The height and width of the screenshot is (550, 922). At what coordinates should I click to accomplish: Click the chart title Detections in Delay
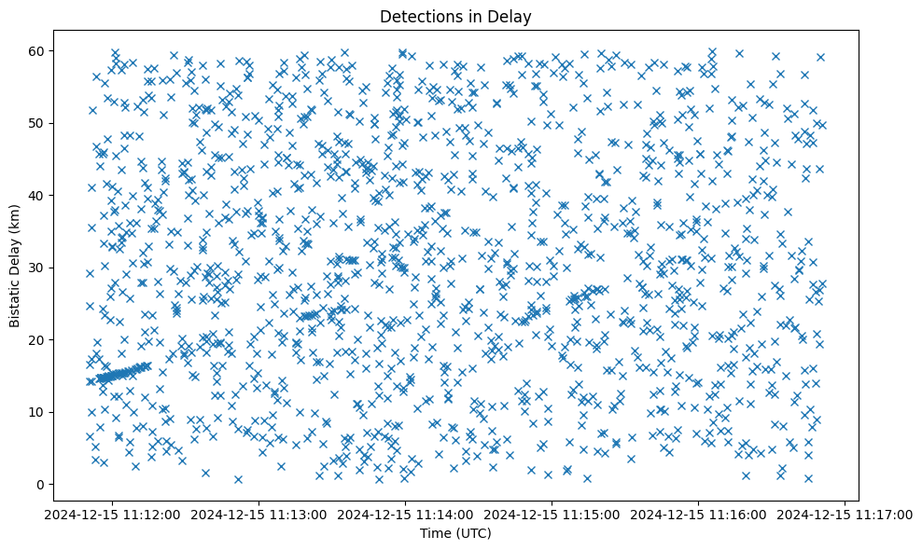click(x=456, y=16)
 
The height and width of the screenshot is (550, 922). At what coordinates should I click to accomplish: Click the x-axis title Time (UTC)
click(x=456, y=534)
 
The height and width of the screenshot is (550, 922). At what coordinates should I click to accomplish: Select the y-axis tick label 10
click(x=38, y=412)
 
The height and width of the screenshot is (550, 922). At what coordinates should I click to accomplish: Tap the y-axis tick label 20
click(x=38, y=339)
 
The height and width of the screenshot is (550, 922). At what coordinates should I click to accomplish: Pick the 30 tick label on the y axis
click(x=38, y=268)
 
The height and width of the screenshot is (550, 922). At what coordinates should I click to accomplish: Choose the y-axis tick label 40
click(x=38, y=195)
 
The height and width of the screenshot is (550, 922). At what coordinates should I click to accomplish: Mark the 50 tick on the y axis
click(x=38, y=123)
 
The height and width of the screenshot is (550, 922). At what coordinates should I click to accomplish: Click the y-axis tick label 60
click(x=38, y=50)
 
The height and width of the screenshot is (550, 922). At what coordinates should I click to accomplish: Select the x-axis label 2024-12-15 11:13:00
click(x=258, y=513)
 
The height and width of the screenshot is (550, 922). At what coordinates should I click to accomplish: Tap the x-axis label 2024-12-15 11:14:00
click(x=405, y=513)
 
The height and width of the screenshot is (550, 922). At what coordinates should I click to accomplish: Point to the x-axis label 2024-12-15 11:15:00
click(x=552, y=513)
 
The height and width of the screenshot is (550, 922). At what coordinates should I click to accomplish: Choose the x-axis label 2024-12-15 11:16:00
click(x=698, y=513)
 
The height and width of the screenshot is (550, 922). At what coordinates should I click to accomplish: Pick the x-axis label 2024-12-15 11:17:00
click(x=845, y=513)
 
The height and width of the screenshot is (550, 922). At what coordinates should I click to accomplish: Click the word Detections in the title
click(x=415, y=16)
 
